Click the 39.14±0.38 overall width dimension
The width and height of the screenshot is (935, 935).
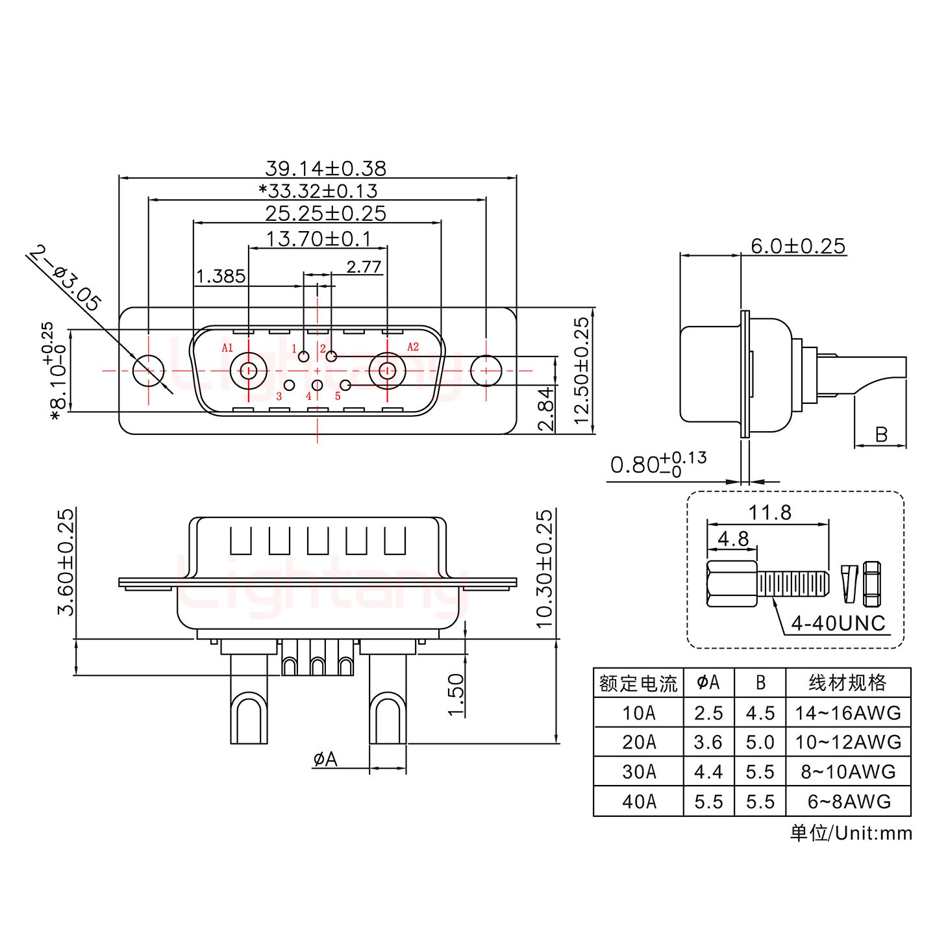pos(325,168)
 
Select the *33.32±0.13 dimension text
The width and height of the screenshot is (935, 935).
pos(318,191)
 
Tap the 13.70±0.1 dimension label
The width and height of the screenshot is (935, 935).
pos(318,239)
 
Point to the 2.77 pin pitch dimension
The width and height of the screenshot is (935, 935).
pos(364,267)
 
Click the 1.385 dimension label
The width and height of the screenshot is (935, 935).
pos(221,277)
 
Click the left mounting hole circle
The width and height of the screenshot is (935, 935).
pos(149,371)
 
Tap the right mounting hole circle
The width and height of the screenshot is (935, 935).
pos(486,371)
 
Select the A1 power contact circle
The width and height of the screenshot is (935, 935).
pos(247,371)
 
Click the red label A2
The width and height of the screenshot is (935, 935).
pos(413,347)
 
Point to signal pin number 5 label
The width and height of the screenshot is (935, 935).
pos(338,396)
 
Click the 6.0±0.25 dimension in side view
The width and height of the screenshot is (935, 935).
pos(798,246)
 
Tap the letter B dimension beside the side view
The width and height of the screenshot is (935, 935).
pos(881,434)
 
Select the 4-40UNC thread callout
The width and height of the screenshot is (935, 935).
pos(838,623)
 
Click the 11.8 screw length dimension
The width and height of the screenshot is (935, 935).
pos(769,513)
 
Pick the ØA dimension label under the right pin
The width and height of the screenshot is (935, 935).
pos(325,758)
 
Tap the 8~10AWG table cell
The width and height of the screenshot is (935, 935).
pos(848,772)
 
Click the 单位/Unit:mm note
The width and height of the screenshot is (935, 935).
pos(851,833)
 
